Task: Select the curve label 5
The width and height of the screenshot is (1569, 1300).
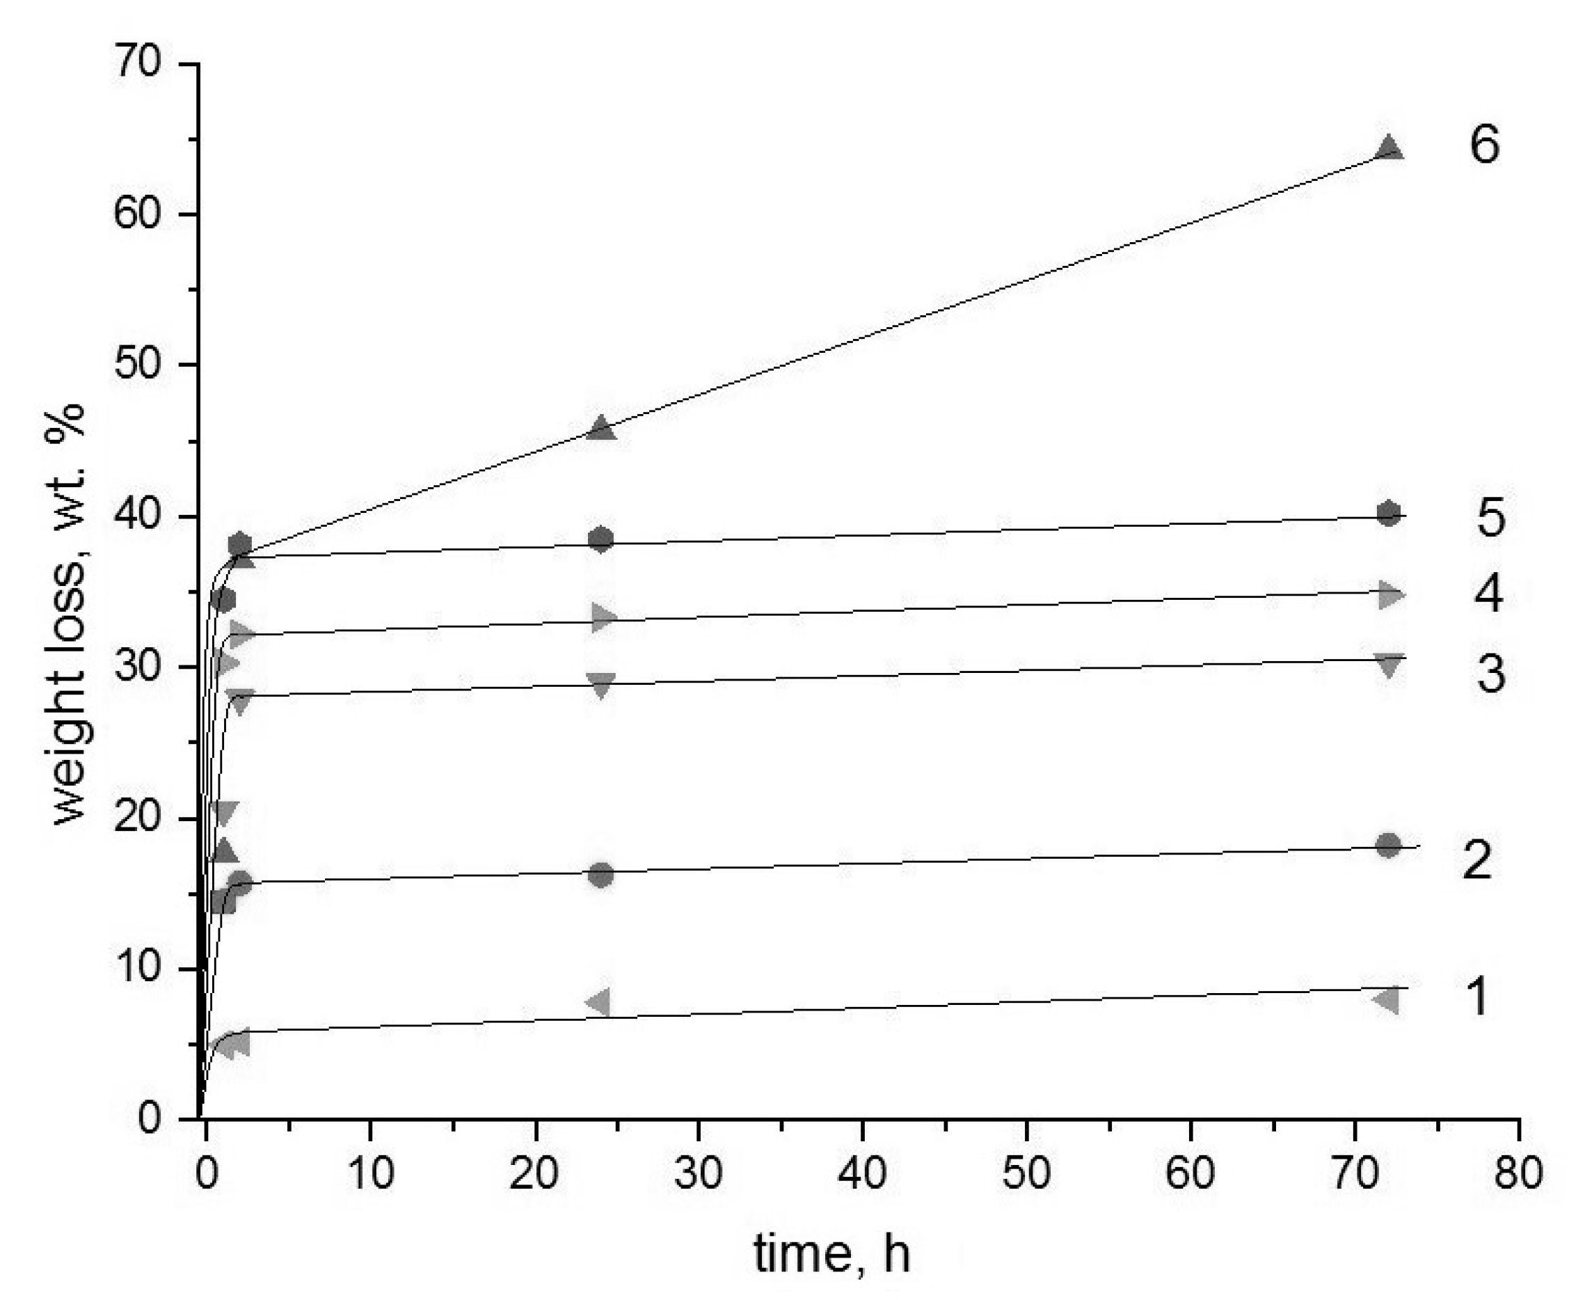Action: [x=1490, y=518]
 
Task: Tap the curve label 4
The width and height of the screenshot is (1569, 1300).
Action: [x=1488, y=595]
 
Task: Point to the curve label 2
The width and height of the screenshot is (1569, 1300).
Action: [x=1477, y=860]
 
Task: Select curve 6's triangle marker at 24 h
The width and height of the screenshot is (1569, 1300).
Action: [x=601, y=429]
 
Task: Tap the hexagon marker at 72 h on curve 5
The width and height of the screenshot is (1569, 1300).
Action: [x=1389, y=514]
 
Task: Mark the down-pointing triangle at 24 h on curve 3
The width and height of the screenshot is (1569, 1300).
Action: [x=601, y=684]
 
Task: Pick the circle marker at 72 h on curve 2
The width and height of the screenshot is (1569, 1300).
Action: [x=1388, y=845]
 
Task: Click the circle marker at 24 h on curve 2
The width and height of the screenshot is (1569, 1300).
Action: [x=600, y=875]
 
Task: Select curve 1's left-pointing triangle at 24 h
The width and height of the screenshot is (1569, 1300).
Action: [x=599, y=1002]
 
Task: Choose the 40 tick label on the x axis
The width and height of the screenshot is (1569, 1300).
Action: [x=862, y=1174]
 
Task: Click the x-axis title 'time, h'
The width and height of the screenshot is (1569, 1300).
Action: [x=831, y=1255]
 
